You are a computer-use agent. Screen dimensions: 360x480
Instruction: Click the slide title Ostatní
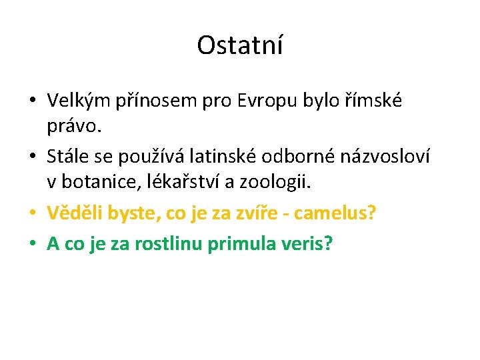tap(240, 45)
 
